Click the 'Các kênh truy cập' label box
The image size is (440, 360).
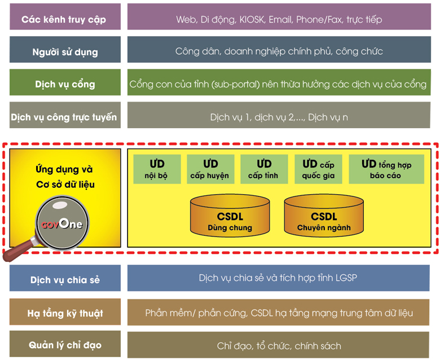(64, 19)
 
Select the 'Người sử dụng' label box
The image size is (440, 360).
(64, 51)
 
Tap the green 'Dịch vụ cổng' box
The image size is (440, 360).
(64, 84)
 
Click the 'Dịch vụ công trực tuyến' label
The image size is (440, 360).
(64, 117)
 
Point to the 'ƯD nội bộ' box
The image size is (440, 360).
(157, 169)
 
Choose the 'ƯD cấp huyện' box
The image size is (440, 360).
(210, 169)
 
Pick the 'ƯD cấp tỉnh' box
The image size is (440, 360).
(263, 169)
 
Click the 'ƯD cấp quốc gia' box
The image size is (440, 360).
(319, 169)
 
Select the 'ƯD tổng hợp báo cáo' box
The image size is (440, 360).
(386, 169)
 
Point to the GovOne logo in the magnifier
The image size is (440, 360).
(61, 224)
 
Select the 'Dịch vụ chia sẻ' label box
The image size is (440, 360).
(64, 280)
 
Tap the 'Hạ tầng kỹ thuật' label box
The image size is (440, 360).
(64, 313)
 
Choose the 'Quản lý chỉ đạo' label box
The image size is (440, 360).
(64, 345)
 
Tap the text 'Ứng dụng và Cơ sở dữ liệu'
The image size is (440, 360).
(64, 177)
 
